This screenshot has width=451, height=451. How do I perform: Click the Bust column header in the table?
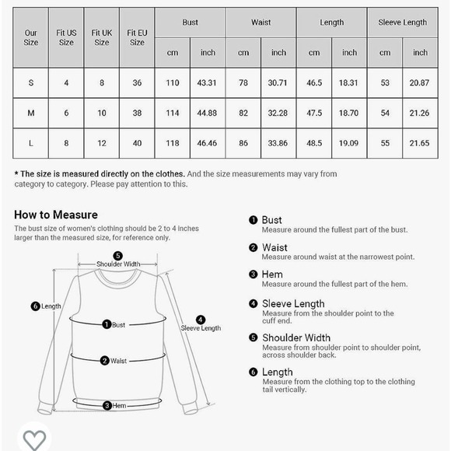tap(191, 23)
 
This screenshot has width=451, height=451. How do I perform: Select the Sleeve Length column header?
tap(402, 23)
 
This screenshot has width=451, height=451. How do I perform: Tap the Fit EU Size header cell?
tap(137, 37)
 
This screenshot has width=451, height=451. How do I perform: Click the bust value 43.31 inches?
tap(208, 83)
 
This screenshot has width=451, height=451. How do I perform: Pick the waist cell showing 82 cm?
tap(243, 114)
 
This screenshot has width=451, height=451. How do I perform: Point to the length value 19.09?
tap(349, 143)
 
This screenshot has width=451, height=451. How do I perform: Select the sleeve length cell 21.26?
tap(420, 114)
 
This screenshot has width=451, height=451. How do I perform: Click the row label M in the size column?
tap(31, 114)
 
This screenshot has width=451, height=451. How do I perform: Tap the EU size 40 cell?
tap(137, 143)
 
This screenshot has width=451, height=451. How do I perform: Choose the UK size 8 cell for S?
tap(102, 83)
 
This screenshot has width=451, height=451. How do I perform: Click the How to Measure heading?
tap(56, 215)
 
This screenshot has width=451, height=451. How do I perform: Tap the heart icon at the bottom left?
tap(34, 439)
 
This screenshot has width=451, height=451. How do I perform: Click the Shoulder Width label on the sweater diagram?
tap(118, 264)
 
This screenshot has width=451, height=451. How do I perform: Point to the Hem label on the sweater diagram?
tap(118, 405)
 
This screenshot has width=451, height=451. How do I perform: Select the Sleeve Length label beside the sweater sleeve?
tap(201, 328)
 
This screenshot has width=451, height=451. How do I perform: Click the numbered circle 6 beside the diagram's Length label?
tap(35, 306)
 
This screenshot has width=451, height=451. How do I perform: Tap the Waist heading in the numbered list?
tap(274, 248)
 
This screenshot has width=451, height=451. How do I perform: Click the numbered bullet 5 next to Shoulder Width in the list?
tap(253, 337)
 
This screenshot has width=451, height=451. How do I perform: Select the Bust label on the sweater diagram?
tap(118, 325)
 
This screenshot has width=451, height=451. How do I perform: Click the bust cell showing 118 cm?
tap(173, 143)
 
